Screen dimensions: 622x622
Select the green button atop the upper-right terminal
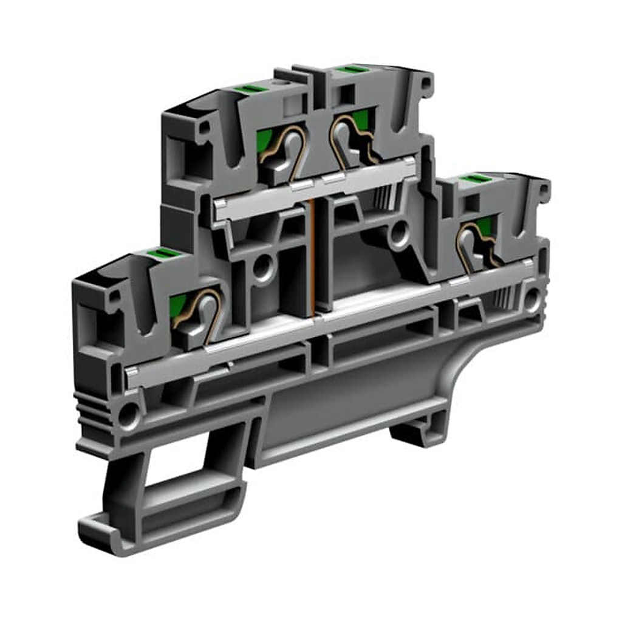[x=349, y=70]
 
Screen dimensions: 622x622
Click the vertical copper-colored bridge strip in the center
[x=312, y=255]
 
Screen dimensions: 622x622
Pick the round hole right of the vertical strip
[x=399, y=231]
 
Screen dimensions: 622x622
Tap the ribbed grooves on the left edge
[x=87, y=407]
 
